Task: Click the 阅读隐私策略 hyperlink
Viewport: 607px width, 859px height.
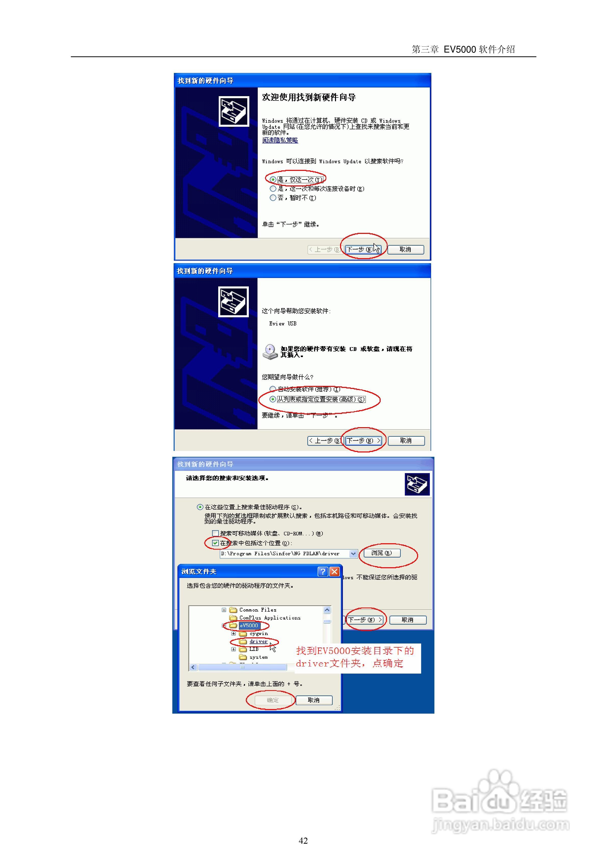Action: [x=280, y=140]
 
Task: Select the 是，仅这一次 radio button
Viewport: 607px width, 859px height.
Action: [x=273, y=180]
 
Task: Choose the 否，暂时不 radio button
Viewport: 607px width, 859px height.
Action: [x=273, y=198]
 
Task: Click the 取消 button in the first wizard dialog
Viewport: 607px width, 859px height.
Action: [x=405, y=249]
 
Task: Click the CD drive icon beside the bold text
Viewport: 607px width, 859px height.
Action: [x=270, y=352]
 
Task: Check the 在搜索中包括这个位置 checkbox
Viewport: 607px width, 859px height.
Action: [x=215, y=543]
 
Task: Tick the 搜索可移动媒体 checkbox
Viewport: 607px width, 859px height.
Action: [x=215, y=533]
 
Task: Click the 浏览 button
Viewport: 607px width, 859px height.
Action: [x=381, y=553]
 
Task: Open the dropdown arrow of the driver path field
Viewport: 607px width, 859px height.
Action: [x=353, y=554]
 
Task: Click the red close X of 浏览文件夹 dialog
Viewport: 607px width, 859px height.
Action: [x=334, y=571]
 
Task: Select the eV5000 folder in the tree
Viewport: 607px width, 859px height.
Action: [x=249, y=626]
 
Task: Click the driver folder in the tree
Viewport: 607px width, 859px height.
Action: [x=258, y=641]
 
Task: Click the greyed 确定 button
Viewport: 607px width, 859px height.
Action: [x=272, y=700]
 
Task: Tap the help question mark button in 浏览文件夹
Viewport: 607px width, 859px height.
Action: [x=323, y=571]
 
